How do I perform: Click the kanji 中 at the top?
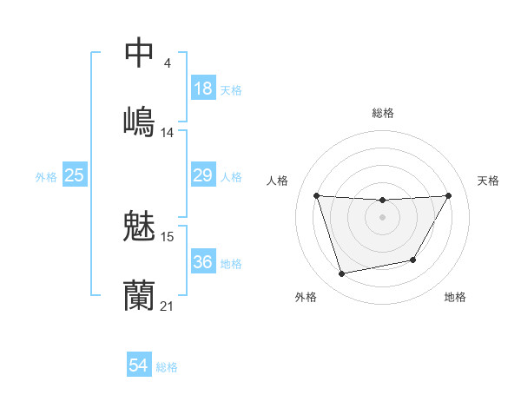click(x=139, y=52)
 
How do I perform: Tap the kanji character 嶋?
click(x=139, y=120)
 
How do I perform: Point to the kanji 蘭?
click(x=139, y=295)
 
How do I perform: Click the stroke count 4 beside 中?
click(x=167, y=63)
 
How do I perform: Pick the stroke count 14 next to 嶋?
click(x=167, y=133)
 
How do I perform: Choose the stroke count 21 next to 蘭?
click(x=168, y=306)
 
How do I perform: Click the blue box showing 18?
click(x=203, y=89)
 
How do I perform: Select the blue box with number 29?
click(x=203, y=175)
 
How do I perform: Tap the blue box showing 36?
click(x=203, y=262)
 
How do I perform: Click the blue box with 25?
click(x=75, y=175)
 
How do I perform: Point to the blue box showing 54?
click(x=139, y=366)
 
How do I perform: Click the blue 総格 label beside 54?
click(x=167, y=367)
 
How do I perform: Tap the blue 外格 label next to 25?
click(x=46, y=176)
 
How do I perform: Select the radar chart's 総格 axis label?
click(x=382, y=113)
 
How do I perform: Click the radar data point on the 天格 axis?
click(x=449, y=195)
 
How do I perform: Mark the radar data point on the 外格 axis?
click(x=341, y=274)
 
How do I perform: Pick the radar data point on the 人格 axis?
click(x=316, y=195)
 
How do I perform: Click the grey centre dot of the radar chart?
click(x=382, y=217)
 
